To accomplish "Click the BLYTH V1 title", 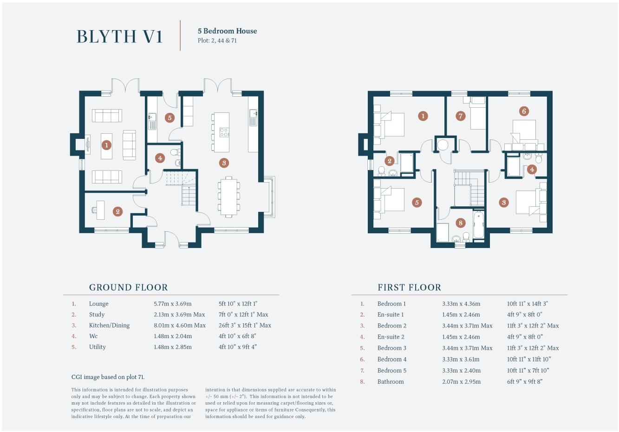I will [x=119, y=36].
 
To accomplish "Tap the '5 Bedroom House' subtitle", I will [x=227, y=31].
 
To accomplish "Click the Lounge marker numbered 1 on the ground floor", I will [x=106, y=145].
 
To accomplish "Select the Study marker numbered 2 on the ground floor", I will [x=118, y=212].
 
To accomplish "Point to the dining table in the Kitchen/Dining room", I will [x=228, y=196].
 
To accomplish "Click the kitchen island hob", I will [x=224, y=132].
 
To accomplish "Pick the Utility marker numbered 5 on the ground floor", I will [x=169, y=118].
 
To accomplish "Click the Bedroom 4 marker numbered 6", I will [x=524, y=111].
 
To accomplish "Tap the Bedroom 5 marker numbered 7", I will [x=460, y=116].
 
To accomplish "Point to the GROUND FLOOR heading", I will [x=128, y=288].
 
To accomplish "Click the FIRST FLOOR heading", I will [x=409, y=288].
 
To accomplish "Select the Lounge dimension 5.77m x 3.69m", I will [x=172, y=304].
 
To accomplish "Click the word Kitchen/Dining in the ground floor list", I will [x=109, y=326].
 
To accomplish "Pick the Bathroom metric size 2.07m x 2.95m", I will [x=461, y=382].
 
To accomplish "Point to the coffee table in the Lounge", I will [x=106, y=146].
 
